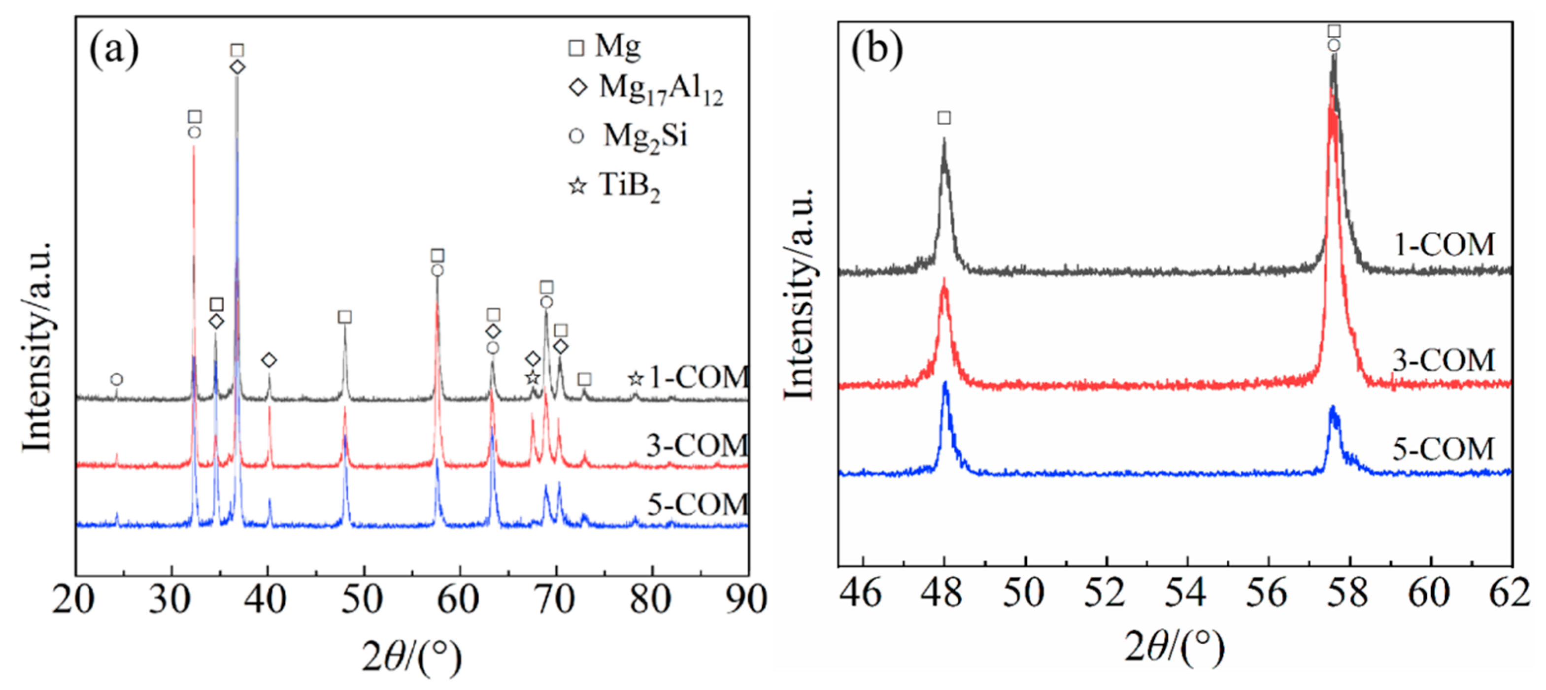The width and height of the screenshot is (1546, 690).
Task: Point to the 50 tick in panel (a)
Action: (363, 599)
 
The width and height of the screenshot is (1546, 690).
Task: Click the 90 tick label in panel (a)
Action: (746, 599)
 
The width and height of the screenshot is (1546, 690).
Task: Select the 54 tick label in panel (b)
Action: (1186, 593)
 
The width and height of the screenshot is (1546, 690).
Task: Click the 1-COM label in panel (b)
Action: (1444, 245)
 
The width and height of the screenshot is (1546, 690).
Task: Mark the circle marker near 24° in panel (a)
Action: (117, 379)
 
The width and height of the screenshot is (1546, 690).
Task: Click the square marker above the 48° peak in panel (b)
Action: (944, 118)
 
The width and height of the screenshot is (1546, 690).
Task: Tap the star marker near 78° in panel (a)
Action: (636, 379)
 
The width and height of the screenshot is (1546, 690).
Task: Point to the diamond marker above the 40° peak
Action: (269, 360)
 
